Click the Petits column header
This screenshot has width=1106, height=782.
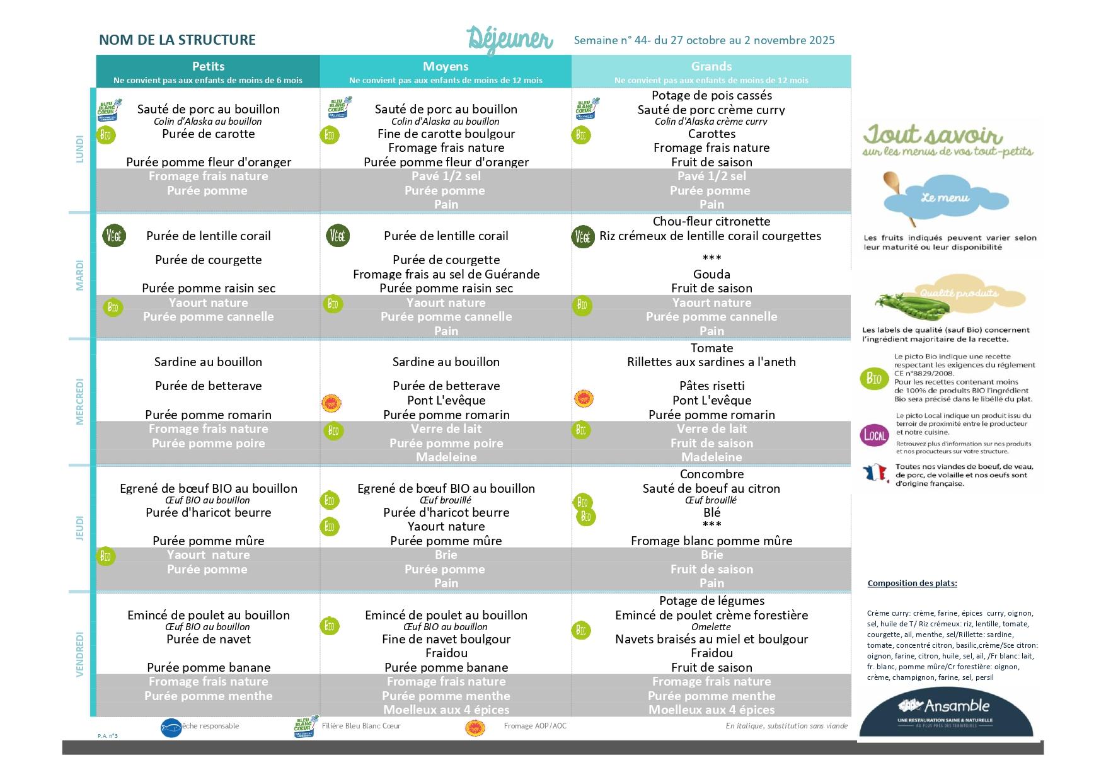pos(208,67)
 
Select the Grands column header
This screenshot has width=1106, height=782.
pos(711,67)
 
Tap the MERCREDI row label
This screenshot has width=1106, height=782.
pos(80,402)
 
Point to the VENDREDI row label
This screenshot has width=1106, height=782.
pos(80,654)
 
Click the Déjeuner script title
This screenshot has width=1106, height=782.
pos(510,39)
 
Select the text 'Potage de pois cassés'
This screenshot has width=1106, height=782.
pos(711,96)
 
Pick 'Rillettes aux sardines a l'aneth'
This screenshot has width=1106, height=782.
pos(711,362)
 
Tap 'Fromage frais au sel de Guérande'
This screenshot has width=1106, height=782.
pos(446,274)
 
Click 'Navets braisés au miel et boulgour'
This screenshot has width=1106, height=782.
pos(711,640)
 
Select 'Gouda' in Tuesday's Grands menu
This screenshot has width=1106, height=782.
pos(711,274)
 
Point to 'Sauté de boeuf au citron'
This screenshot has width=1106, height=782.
pos(711,489)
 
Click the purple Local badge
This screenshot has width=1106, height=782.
pos(875,435)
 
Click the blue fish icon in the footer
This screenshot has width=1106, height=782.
pos(171,728)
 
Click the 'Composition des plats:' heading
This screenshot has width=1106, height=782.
pos(912,584)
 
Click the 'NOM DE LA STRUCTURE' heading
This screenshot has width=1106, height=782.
pos(177,40)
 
